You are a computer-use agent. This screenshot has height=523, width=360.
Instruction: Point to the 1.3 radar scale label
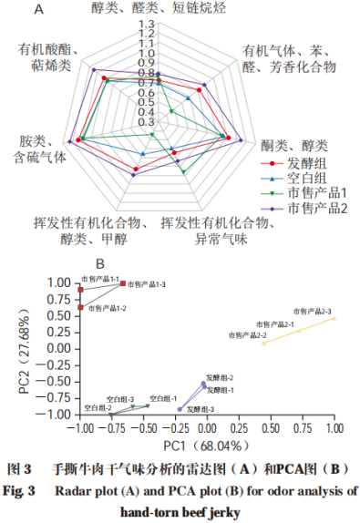click(x=146, y=25)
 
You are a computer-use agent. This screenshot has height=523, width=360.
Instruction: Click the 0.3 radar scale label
click(x=146, y=122)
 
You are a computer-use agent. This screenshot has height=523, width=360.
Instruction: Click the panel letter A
click(x=38, y=10)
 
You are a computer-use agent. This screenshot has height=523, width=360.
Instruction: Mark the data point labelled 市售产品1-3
click(x=123, y=283)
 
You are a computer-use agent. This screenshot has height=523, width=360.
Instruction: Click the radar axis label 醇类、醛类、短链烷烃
click(x=160, y=8)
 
